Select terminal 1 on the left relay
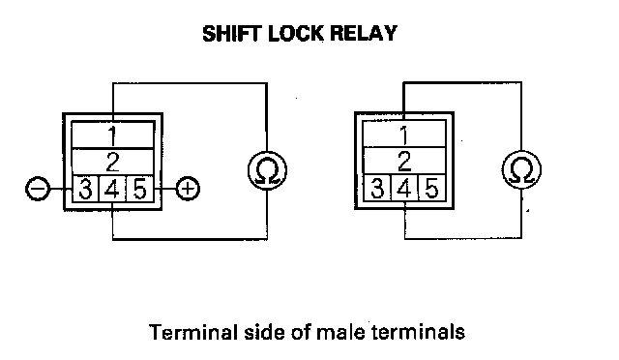(113, 135)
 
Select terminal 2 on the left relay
(113, 162)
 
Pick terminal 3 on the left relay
(85, 189)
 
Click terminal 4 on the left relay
(112, 189)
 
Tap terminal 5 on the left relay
(139, 189)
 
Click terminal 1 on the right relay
(404, 135)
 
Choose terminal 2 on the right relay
(404, 161)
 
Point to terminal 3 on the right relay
(377, 188)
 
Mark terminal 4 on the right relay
(404, 188)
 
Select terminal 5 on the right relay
(431, 188)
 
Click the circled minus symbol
(38, 189)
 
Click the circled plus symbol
(188, 189)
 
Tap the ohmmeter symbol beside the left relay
(267, 170)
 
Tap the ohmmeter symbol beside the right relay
(521, 169)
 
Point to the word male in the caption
(340, 332)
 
